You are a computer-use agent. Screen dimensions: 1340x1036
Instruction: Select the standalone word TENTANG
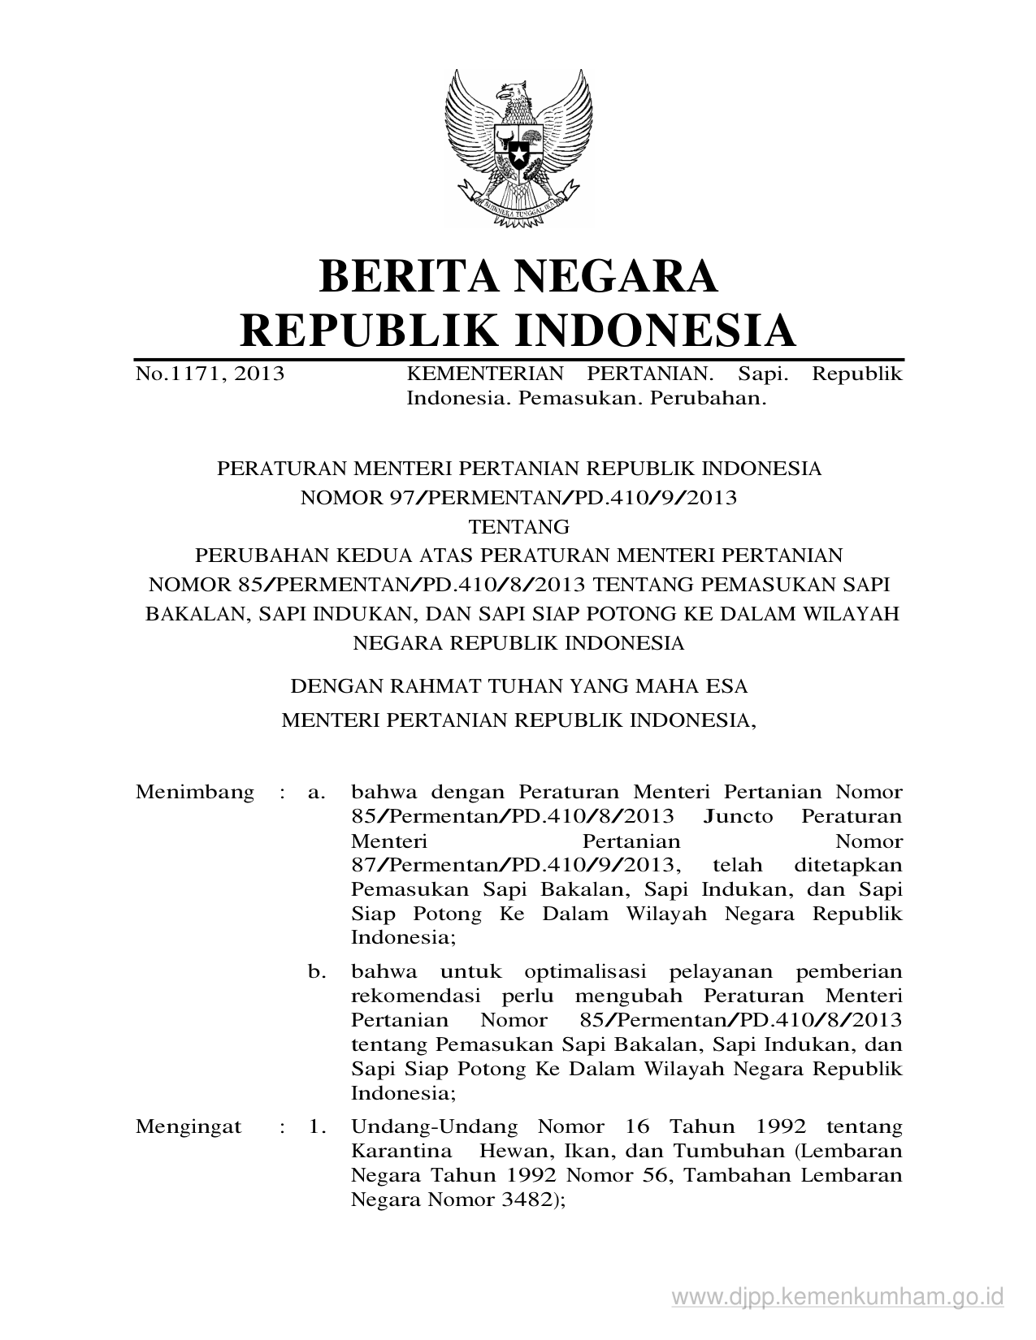pos(519,527)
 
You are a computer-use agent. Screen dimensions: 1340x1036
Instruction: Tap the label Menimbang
pos(195,792)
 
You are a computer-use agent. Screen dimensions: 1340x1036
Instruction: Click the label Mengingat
pos(189,1127)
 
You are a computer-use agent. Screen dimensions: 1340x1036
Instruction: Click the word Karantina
pos(401,1152)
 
